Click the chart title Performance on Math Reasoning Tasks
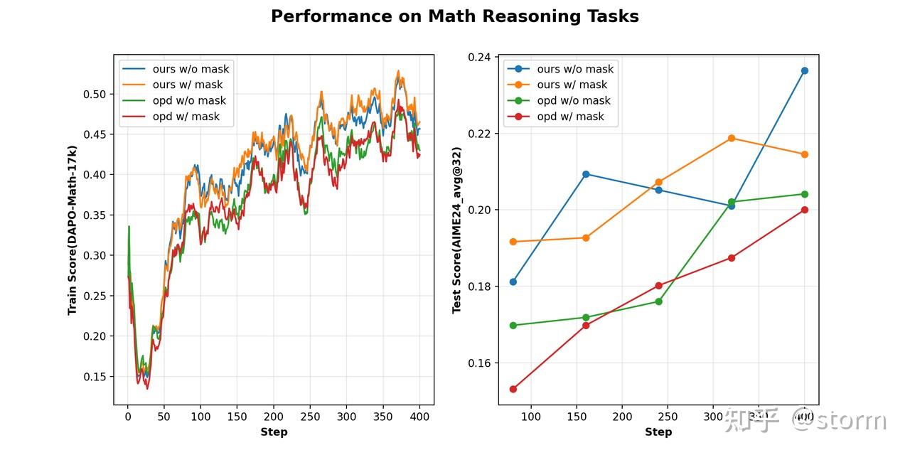(454, 16)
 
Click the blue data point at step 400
(804, 70)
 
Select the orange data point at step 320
(732, 138)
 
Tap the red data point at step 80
(513, 389)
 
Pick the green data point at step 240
(658, 301)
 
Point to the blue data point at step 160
(586, 174)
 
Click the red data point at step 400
(804, 210)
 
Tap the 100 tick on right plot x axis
(531, 417)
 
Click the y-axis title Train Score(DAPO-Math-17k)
(72, 230)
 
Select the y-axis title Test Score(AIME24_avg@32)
(457, 230)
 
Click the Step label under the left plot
(274, 432)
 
